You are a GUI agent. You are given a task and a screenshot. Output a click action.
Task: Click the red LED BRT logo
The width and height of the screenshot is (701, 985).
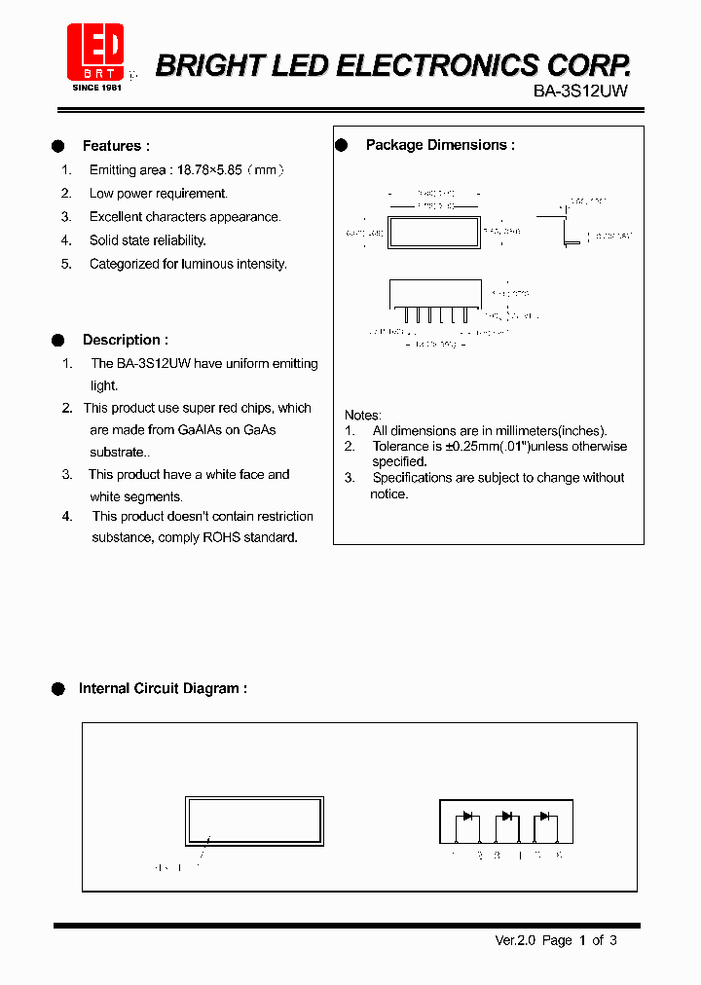click(94, 52)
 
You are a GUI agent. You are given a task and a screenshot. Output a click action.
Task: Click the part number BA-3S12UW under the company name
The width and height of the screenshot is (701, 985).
click(580, 91)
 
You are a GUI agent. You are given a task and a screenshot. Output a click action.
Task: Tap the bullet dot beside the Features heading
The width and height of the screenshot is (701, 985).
click(58, 146)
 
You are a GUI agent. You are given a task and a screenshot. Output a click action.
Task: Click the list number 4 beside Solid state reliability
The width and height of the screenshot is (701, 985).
click(66, 240)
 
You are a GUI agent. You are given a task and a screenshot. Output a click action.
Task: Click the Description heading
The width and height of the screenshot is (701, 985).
click(125, 340)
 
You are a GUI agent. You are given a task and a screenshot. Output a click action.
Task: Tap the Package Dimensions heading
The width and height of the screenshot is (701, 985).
click(440, 145)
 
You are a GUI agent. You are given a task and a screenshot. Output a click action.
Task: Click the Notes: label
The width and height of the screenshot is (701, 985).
click(363, 415)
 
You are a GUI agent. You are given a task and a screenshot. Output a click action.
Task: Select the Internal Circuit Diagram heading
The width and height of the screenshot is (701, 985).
click(163, 688)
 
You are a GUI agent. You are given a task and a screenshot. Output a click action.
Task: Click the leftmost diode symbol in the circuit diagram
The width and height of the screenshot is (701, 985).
click(467, 816)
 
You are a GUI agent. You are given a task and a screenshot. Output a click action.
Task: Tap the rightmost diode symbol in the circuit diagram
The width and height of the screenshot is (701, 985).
click(543, 816)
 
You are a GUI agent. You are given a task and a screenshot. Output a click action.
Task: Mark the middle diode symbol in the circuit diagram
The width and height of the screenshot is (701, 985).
click(505, 816)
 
